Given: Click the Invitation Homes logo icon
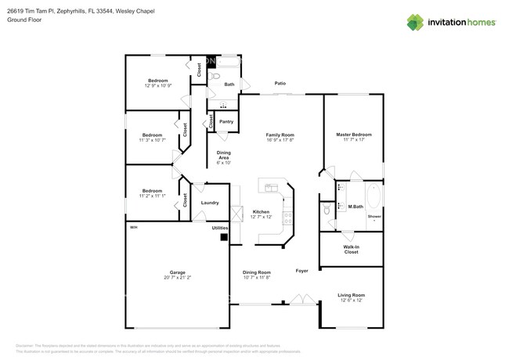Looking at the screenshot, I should click(x=415, y=22).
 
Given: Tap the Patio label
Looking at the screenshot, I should click(x=280, y=83).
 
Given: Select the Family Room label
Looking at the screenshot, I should click(x=280, y=135).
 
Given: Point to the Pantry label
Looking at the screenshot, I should click(x=226, y=121).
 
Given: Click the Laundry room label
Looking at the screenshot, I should click(x=209, y=203).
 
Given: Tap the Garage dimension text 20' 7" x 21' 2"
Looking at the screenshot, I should click(x=178, y=277).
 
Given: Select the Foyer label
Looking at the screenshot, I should click(x=301, y=271).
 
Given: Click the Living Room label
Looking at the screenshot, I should click(x=351, y=295).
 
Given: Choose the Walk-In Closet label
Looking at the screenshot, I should click(x=351, y=250).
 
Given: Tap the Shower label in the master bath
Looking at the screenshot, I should click(x=374, y=215).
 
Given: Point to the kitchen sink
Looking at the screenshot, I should click(x=273, y=188).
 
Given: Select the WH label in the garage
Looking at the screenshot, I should click(x=133, y=228).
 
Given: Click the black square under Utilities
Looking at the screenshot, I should click(x=224, y=236).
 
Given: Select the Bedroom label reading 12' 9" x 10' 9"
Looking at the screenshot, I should click(x=157, y=82).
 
